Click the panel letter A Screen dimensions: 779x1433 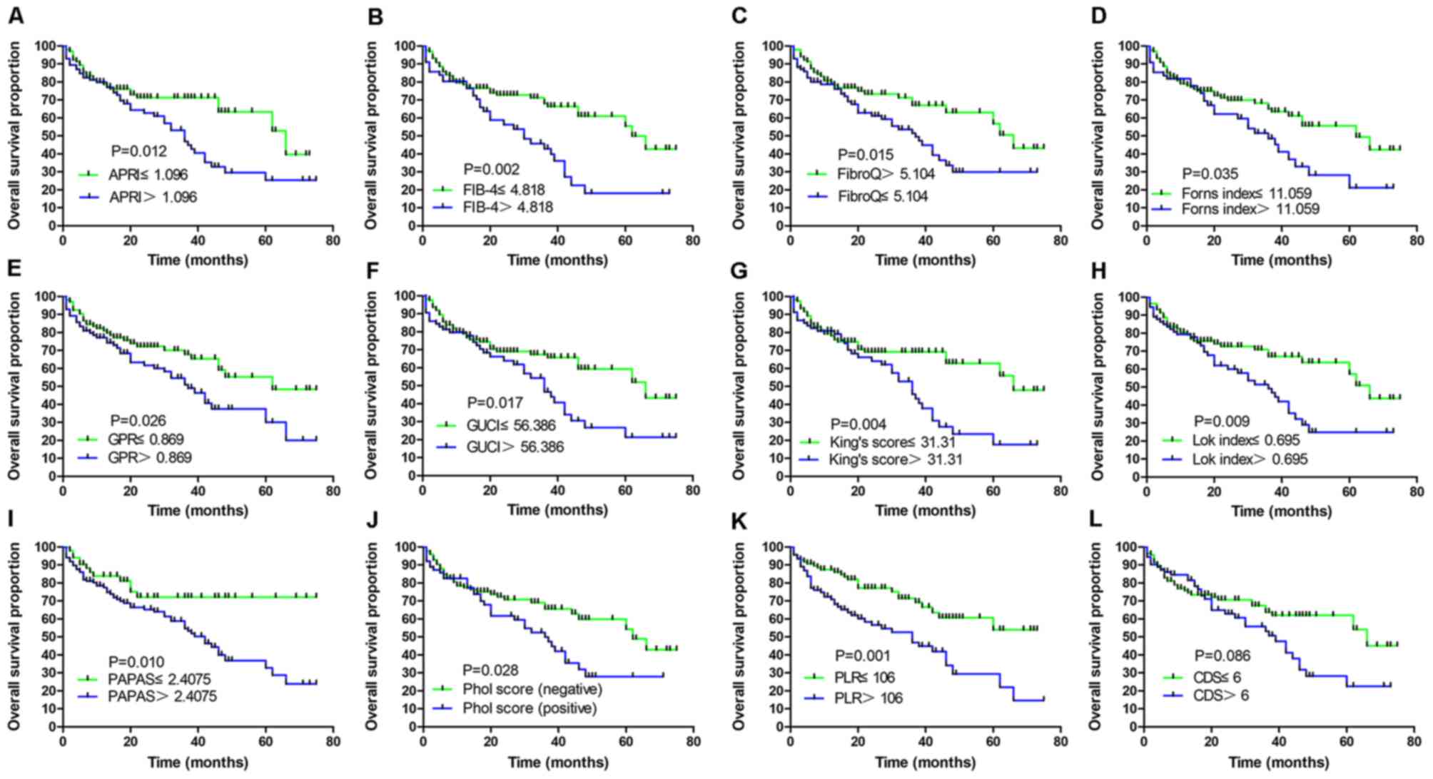tap(15, 15)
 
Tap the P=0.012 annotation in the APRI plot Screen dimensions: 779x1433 tap(139, 151)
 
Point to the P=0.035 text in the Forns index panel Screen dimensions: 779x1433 tap(1210, 173)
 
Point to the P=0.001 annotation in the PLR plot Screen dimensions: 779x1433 tap(863, 655)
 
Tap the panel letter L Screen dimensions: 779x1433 tap(1098, 519)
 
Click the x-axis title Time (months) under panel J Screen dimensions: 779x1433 tap(558, 763)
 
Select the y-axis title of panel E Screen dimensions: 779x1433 tap(14, 385)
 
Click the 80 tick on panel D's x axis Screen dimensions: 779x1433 tap(1417, 241)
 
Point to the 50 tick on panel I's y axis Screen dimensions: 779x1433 tap(49, 636)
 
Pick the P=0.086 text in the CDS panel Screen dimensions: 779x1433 tap(1222, 656)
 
